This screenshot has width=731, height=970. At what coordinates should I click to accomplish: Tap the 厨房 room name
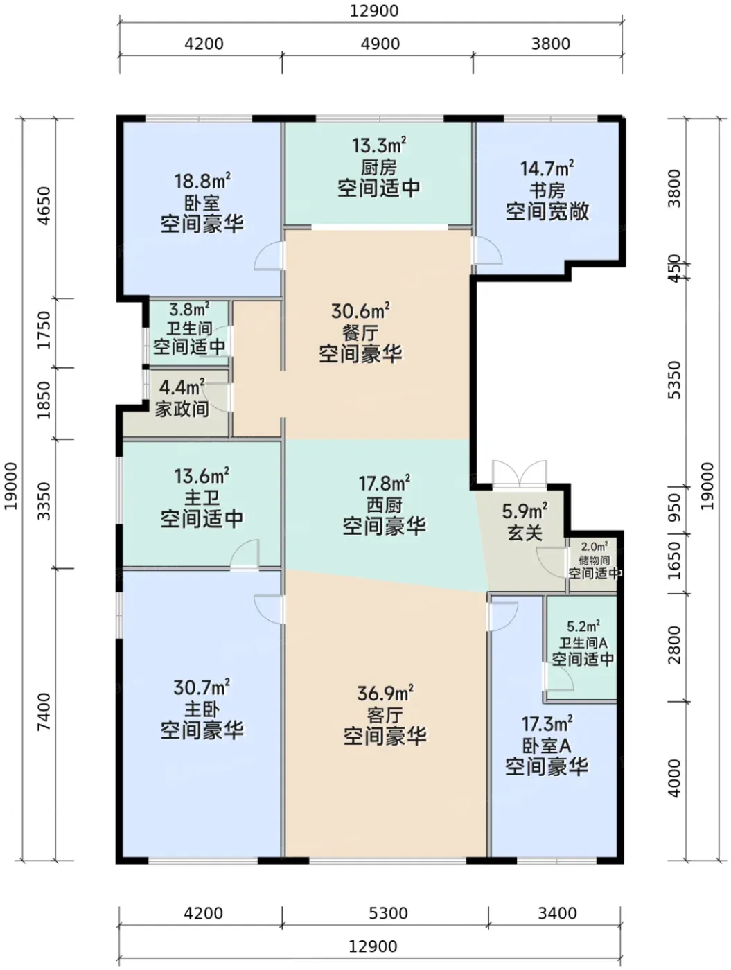[x=379, y=167]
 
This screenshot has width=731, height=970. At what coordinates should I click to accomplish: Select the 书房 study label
[x=547, y=191]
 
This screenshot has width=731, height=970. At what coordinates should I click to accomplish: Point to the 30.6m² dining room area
[x=360, y=311]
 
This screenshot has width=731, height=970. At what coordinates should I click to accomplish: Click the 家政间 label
[x=182, y=409]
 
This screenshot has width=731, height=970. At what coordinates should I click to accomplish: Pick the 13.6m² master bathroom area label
[x=202, y=477]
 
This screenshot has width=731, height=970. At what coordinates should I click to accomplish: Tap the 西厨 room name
[x=384, y=505]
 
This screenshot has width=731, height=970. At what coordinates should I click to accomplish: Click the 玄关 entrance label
[x=525, y=533]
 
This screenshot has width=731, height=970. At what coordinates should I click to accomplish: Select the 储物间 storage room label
[x=594, y=561]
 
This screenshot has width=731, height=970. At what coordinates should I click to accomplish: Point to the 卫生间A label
[x=583, y=642]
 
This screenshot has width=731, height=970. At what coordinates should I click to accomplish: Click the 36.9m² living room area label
[x=385, y=694]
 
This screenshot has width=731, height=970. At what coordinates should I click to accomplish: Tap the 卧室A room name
[x=547, y=746]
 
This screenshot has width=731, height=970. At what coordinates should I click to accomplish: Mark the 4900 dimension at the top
[x=380, y=44]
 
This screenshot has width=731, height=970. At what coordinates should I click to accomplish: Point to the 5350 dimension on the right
[x=674, y=380]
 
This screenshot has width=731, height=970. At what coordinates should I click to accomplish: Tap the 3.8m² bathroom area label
[x=189, y=309]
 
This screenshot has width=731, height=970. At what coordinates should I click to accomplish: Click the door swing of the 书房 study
[x=488, y=251]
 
